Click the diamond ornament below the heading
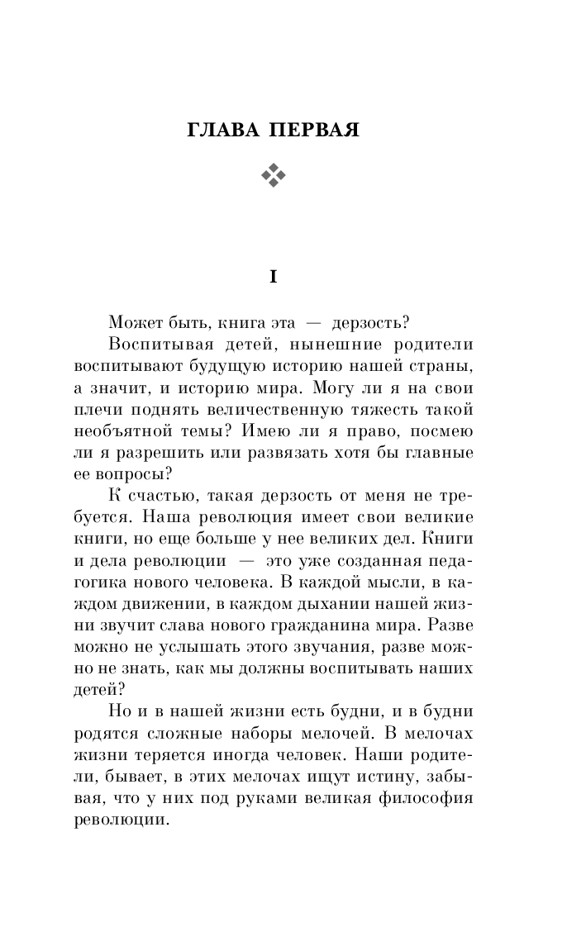(273, 174)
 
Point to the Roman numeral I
(273, 278)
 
